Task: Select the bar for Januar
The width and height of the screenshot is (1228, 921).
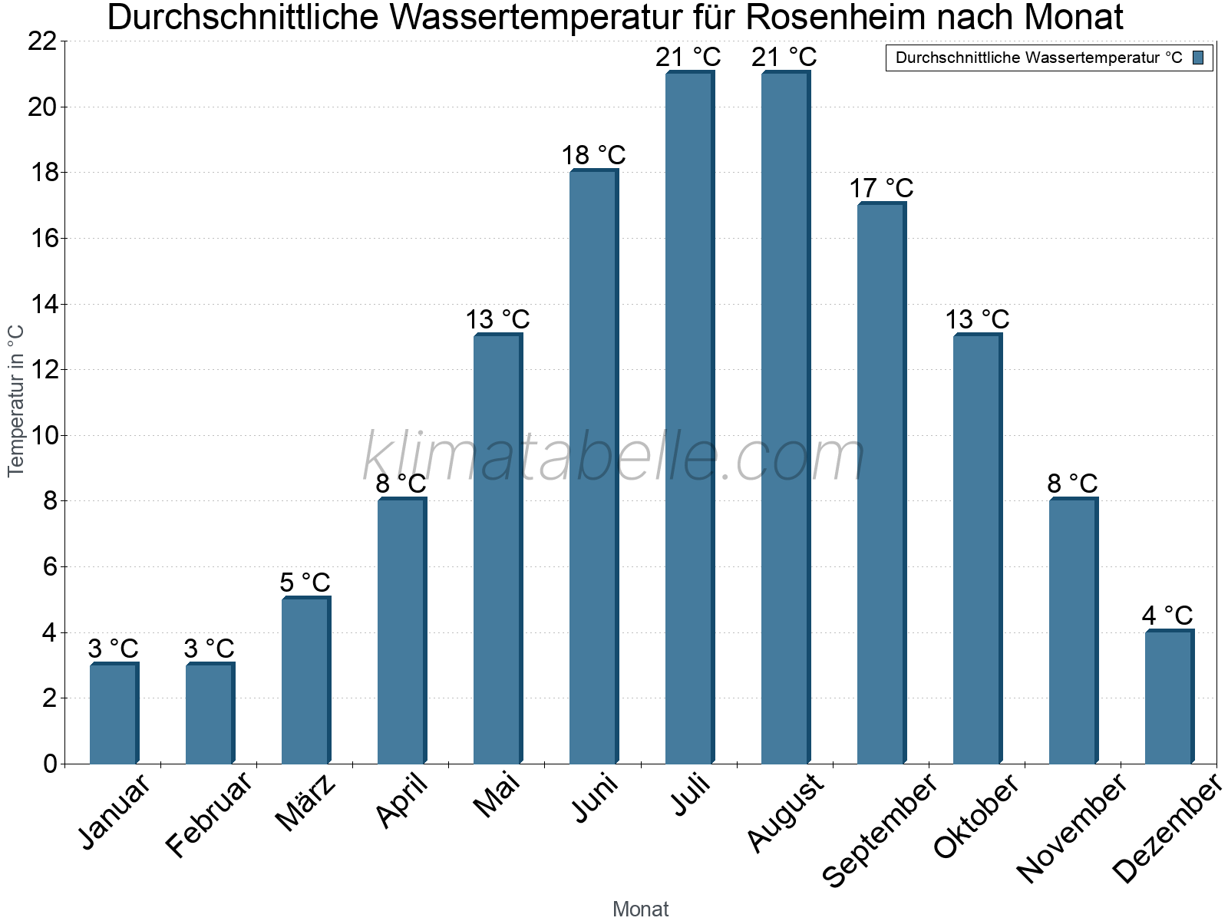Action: pos(114,714)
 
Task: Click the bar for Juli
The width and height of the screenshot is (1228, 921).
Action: pos(689,418)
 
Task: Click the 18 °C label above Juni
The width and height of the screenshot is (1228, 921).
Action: pos(593,155)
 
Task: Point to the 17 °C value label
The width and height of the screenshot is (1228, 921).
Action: pos(881,188)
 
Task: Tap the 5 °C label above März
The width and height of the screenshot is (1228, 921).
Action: pos(305,583)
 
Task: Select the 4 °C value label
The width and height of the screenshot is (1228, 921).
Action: pos(1167,616)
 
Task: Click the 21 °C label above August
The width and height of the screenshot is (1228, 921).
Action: pos(784,57)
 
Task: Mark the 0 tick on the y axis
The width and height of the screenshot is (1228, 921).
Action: pos(51,764)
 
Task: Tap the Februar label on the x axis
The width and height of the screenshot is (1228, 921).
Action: pos(208,815)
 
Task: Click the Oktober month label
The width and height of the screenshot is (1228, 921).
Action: pos(976,817)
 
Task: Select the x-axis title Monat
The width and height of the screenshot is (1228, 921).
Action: pos(640,909)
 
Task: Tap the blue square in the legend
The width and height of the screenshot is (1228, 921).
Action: pos(1198,58)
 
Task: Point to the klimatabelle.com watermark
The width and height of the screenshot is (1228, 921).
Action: pos(614,457)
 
